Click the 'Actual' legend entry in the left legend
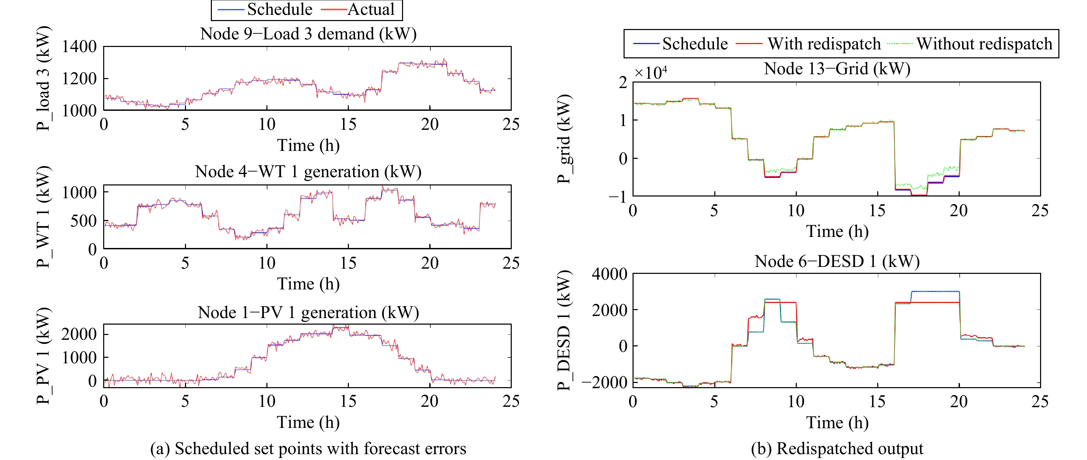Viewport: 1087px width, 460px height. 358,9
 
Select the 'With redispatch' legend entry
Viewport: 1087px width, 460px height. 808,44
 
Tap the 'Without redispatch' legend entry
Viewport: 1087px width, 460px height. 970,44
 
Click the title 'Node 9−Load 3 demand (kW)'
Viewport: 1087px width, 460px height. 308,34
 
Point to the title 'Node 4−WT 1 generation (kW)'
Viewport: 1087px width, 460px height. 308,172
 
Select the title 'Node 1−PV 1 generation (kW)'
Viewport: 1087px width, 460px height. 308,313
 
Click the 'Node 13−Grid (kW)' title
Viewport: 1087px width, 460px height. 837,68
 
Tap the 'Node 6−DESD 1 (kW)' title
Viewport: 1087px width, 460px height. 837,261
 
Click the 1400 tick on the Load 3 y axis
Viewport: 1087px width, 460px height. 79,47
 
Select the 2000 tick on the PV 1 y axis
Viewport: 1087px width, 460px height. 79,334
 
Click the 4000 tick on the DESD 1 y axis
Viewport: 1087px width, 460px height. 609,274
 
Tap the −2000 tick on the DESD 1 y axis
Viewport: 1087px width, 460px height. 605,382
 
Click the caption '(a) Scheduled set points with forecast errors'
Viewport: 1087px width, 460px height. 308,449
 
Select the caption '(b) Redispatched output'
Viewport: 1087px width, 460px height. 837,449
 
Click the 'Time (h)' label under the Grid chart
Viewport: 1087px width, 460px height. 837,231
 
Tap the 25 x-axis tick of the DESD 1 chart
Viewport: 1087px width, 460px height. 1040,401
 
